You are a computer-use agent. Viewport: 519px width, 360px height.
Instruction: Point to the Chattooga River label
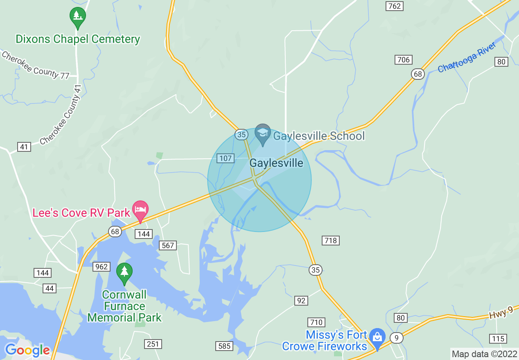[467, 57]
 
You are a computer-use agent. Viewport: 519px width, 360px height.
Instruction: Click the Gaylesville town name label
[276, 163]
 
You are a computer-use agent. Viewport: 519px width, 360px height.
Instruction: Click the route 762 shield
[395, 6]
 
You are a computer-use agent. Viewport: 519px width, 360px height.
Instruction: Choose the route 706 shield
[403, 60]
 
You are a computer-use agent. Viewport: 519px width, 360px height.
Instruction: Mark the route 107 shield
[226, 158]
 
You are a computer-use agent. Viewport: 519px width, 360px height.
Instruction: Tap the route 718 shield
[331, 240]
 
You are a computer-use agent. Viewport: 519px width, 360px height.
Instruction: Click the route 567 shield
[168, 245]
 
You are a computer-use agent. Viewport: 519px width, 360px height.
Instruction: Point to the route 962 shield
[101, 267]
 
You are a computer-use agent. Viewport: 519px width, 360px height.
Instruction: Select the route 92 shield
[301, 301]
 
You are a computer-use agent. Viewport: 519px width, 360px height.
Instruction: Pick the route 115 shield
[498, 338]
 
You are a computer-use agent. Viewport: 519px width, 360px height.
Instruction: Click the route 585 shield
[224, 346]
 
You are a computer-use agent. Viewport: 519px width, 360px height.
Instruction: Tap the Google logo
[27, 350]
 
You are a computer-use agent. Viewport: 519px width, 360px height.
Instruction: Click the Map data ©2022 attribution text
[484, 354]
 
